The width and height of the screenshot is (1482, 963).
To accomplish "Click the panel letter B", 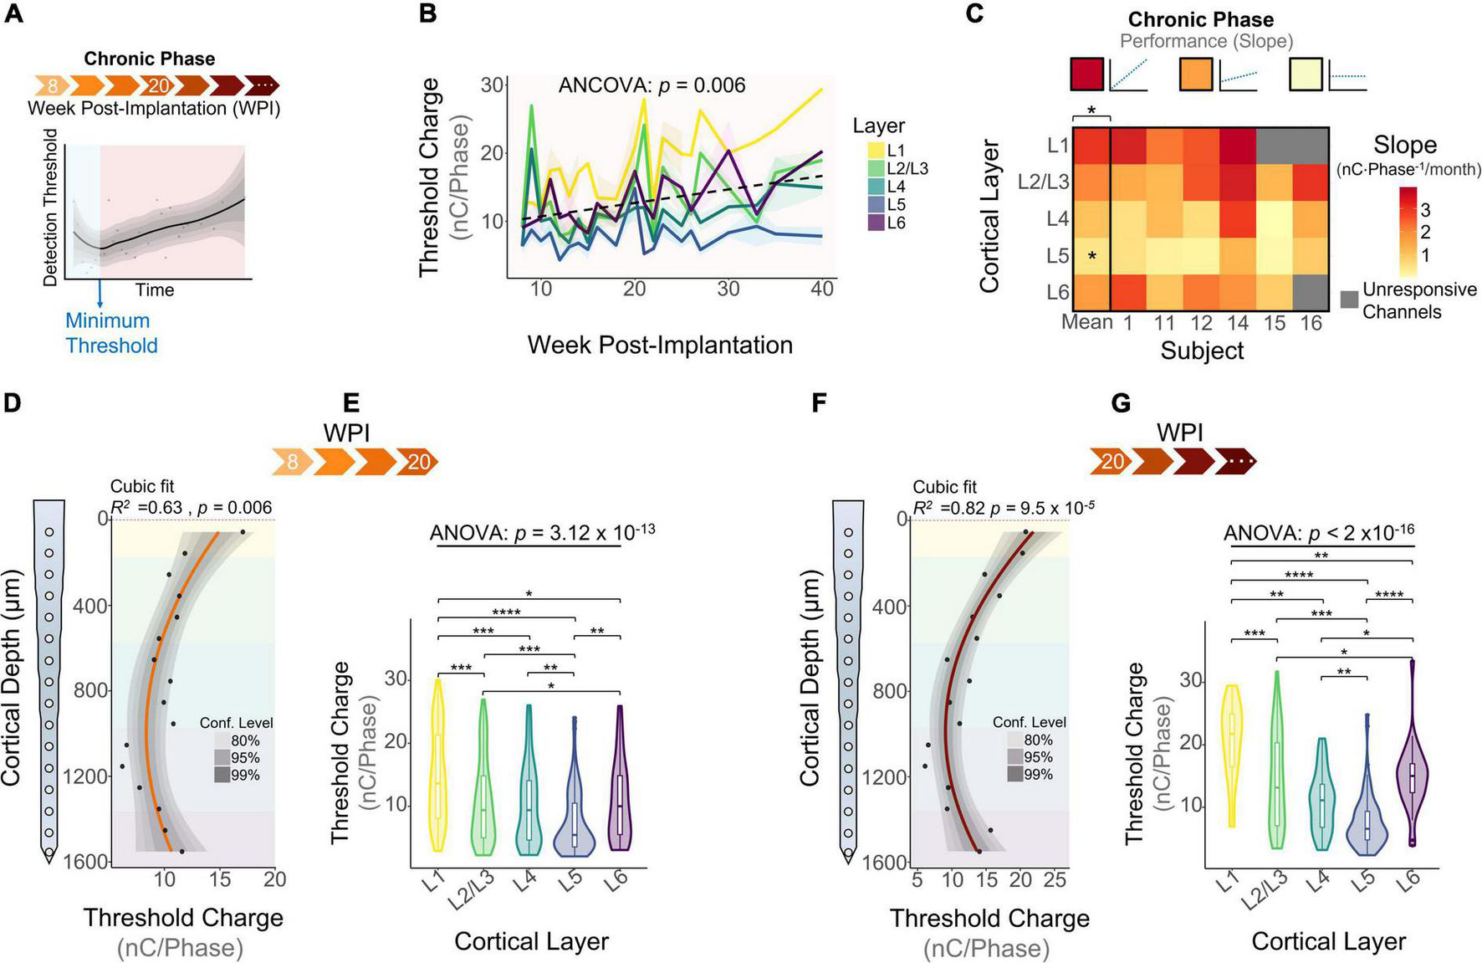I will pyautogui.click(x=427, y=14).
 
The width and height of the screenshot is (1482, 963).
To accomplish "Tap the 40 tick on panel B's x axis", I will pyautogui.click(x=822, y=289).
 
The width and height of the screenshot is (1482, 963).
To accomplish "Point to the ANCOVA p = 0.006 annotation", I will pyautogui.click(x=652, y=85).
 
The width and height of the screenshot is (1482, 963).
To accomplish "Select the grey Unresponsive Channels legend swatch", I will pyautogui.click(x=1348, y=300).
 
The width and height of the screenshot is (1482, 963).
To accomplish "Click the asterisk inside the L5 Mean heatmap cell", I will pyautogui.click(x=1091, y=256).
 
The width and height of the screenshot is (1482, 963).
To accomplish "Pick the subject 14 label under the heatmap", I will pyautogui.click(x=1238, y=323).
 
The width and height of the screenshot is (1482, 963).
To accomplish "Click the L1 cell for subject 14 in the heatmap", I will pyautogui.click(x=1238, y=146).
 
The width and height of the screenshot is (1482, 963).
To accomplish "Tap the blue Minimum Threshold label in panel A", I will pyautogui.click(x=111, y=333).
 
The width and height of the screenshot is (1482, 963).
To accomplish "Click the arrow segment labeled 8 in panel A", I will pyautogui.click(x=53, y=85).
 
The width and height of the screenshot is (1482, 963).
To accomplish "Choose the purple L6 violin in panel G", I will pyautogui.click(x=1413, y=770).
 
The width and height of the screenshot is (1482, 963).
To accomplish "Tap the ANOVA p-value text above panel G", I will pyautogui.click(x=1319, y=534).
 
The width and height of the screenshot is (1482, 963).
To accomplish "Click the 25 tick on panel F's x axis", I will pyautogui.click(x=1055, y=879).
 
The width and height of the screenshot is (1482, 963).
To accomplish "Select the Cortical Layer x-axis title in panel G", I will pyautogui.click(x=1328, y=941).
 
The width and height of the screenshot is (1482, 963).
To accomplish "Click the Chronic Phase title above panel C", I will pyautogui.click(x=1200, y=19).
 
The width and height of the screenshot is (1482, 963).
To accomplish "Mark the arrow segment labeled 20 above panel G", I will pyautogui.click(x=1111, y=461).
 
